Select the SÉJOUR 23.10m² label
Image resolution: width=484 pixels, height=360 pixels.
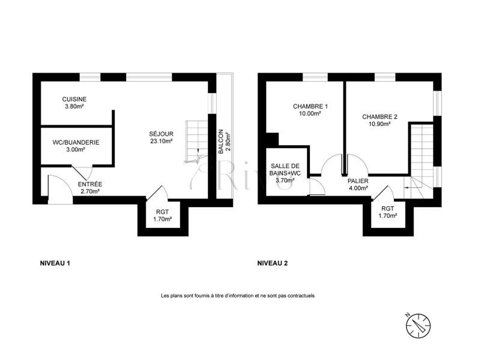pos(161,137)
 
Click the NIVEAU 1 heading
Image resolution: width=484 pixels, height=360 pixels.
pos(55,263)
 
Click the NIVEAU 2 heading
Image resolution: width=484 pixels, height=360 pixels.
pos(273,263)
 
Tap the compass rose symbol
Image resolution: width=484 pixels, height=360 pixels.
pos(418,325)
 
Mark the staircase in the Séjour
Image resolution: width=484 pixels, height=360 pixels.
pos(196,142)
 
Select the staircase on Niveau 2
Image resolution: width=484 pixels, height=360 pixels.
pos(420,160)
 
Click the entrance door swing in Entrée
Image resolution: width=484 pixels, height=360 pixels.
pos(60,189)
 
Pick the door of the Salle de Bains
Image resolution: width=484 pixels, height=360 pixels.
pos(317,187)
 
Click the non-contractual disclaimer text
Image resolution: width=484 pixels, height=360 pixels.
pos(238,296)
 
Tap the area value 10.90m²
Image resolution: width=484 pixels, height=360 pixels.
pos(380,124)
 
